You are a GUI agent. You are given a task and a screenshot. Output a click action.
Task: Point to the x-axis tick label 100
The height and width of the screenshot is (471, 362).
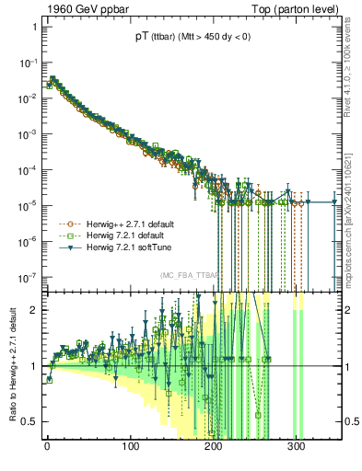pos(131,447)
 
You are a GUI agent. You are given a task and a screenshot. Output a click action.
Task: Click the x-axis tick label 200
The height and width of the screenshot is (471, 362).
pos(214,447)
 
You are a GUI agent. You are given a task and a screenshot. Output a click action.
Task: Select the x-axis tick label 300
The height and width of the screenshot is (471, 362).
pos(297,447)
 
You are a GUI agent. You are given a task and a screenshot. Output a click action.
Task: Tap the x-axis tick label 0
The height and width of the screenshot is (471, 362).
pos(48,447)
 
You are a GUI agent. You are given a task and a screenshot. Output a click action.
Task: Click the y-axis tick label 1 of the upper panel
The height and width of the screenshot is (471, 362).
pos(34,27)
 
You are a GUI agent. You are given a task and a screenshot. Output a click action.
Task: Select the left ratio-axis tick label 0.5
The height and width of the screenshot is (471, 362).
pos(29,421)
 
